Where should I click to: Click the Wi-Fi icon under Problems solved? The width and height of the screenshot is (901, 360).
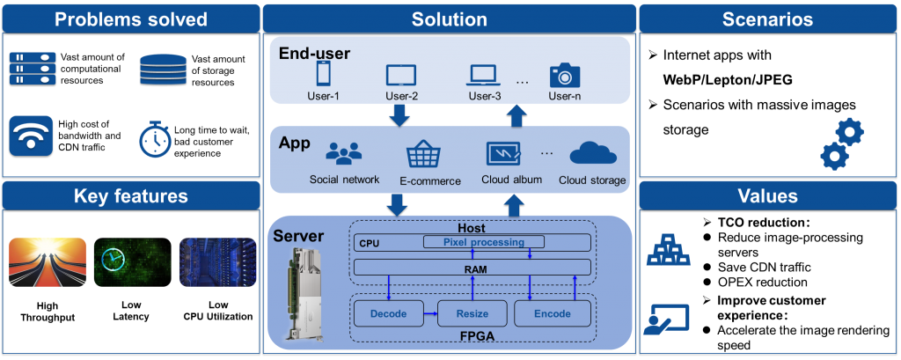(x=31, y=135)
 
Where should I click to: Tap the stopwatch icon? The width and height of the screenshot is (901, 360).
(x=154, y=139)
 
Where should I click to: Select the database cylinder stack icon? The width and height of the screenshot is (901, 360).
(x=162, y=70)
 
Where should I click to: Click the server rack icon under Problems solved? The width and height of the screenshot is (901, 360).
(x=33, y=68)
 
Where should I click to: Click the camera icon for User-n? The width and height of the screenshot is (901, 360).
(x=564, y=75)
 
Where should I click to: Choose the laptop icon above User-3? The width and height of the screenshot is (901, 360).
(x=483, y=76)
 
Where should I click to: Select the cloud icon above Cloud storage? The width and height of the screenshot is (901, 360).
(x=592, y=155)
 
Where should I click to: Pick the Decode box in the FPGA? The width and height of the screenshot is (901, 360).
(x=388, y=313)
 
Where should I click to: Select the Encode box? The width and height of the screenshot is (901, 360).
(x=553, y=313)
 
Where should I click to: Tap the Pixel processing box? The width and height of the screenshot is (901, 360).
(x=484, y=242)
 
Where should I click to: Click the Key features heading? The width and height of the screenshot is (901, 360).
(x=130, y=196)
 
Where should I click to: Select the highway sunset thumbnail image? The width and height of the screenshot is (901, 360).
(x=48, y=262)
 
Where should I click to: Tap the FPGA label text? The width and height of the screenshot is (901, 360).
(x=476, y=335)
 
